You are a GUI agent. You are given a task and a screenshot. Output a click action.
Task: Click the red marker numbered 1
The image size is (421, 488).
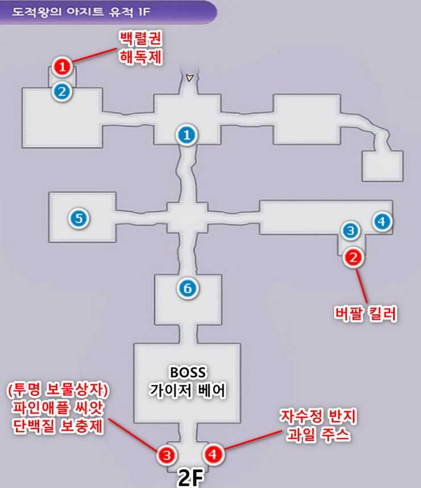[x=62, y=67]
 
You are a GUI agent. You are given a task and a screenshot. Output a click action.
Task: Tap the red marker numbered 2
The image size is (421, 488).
[x=353, y=258]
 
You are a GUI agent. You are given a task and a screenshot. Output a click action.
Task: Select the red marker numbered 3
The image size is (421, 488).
[x=166, y=454]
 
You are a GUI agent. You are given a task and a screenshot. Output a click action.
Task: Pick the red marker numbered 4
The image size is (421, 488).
[x=213, y=454]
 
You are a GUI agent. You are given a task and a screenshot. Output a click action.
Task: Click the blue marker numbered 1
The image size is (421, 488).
[x=186, y=135]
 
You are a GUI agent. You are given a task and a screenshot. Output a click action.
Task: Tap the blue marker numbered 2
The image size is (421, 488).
[x=62, y=90]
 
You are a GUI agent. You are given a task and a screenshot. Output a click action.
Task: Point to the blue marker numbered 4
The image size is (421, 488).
[x=382, y=221]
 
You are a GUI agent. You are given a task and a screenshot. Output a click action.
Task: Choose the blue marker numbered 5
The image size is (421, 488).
[x=79, y=217]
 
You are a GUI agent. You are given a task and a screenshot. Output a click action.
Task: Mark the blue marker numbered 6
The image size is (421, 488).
[x=188, y=289]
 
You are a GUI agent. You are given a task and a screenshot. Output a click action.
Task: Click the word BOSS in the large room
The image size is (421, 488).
[x=188, y=373]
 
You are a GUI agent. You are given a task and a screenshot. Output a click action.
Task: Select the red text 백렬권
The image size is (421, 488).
[x=139, y=39]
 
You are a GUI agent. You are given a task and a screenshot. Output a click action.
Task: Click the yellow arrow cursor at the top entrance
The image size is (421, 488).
[x=189, y=78]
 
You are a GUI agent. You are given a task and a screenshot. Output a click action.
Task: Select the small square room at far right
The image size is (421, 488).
[x=382, y=165]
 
